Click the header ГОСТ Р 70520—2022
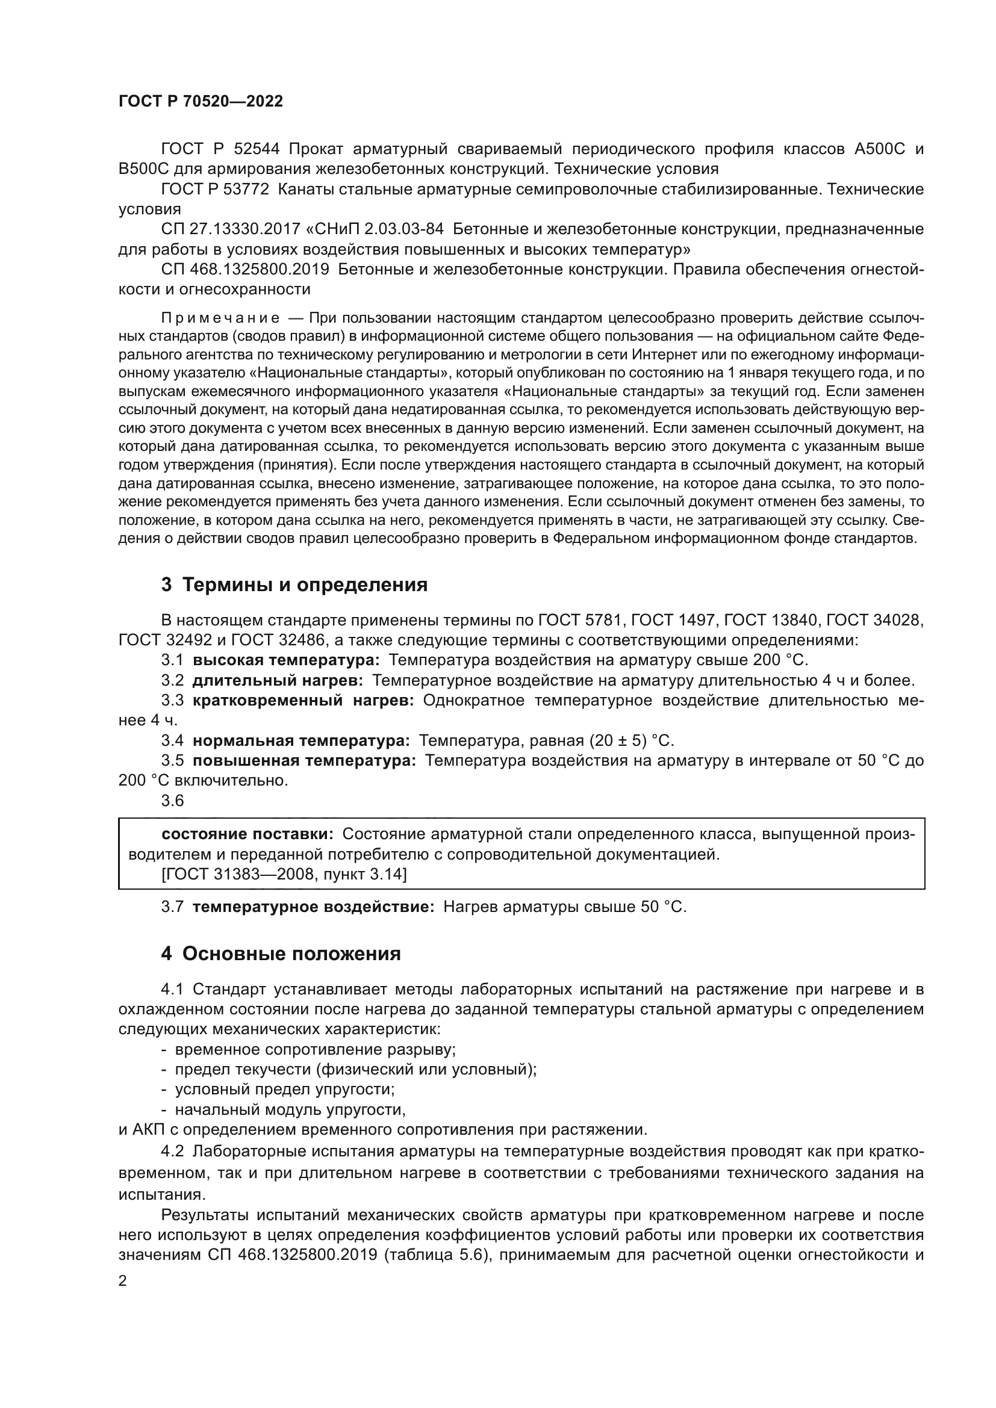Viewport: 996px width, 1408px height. tap(201, 102)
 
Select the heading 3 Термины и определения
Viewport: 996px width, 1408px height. tap(294, 585)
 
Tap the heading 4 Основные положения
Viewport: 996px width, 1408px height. tap(281, 954)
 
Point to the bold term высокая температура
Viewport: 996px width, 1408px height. tap(286, 660)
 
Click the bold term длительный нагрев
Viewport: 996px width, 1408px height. tap(277, 681)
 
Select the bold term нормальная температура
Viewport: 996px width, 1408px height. tap(301, 741)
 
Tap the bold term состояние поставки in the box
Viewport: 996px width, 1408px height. tap(247, 834)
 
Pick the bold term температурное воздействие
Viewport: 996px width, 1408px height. tap(313, 907)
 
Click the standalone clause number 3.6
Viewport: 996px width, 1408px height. tap(172, 801)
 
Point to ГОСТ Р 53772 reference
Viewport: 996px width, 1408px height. tap(214, 190)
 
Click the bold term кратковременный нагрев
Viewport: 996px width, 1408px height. tap(303, 700)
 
